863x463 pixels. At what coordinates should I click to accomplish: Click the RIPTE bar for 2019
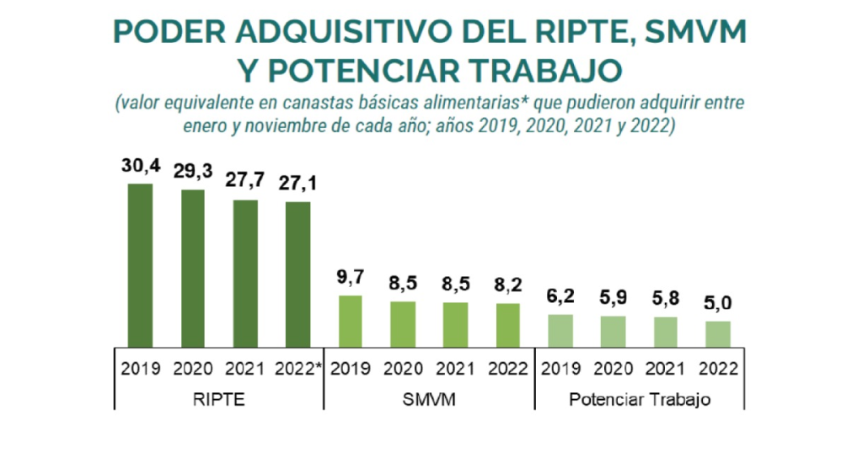pos(140,264)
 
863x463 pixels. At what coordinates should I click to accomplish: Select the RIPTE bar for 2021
pos(245,273)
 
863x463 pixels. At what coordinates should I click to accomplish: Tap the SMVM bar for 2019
pos(350,321)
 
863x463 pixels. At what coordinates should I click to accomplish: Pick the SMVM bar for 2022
pos(508,324)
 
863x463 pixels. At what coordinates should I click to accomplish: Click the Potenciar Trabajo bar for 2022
pos(718,333)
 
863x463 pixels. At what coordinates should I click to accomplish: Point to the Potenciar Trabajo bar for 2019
pos(560,330)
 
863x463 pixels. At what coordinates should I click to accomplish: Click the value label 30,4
pos(140,168)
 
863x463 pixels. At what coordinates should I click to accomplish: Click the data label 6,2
pos(560,297)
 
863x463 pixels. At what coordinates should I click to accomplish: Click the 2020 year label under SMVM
pos(403,370)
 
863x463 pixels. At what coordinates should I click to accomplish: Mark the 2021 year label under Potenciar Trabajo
pos(666,370)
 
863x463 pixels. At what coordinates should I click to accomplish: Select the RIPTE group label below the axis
pos(218,400)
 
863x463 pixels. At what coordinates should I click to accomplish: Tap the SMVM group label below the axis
pos(429,400)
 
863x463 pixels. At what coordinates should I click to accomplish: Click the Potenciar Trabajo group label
pos(639,400)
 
